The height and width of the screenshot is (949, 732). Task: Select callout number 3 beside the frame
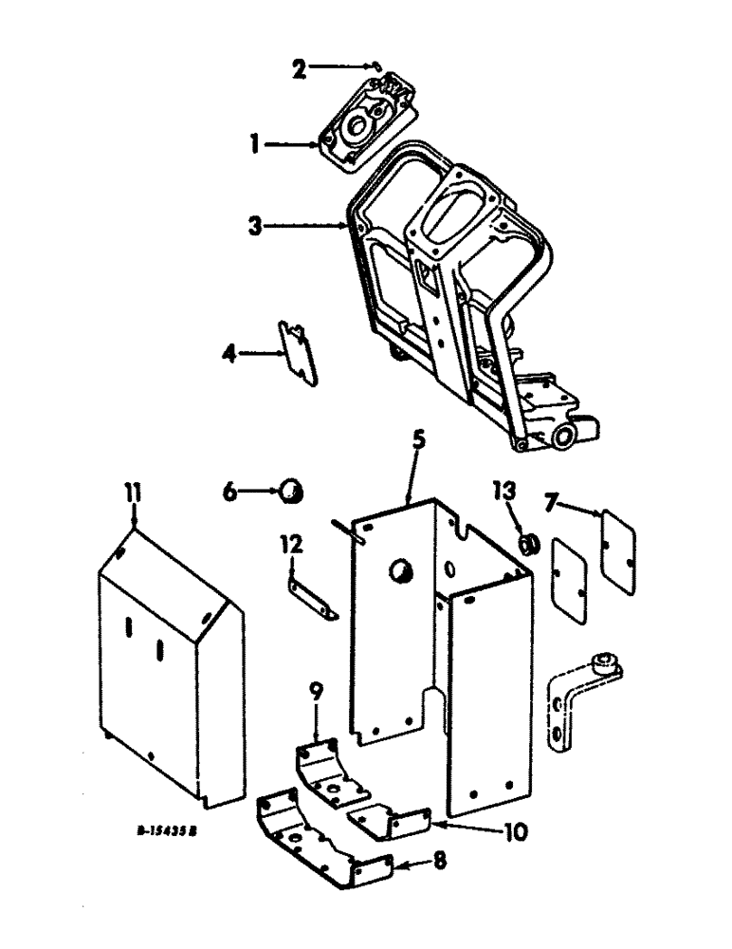pyautogui.click(x=253, y=227)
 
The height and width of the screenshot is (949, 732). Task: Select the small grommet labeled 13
pyautogui.click(x=529, y=542)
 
